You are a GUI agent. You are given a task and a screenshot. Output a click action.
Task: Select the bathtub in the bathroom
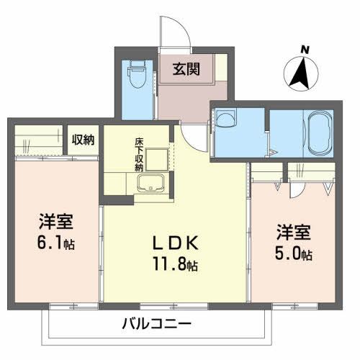(x=318, y=132)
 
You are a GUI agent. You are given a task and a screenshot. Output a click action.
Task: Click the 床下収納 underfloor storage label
(x=138, y=154)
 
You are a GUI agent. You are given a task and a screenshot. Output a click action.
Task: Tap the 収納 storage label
(x=83, y=140)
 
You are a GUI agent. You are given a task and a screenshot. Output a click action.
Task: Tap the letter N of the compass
(x=305, y=49)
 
